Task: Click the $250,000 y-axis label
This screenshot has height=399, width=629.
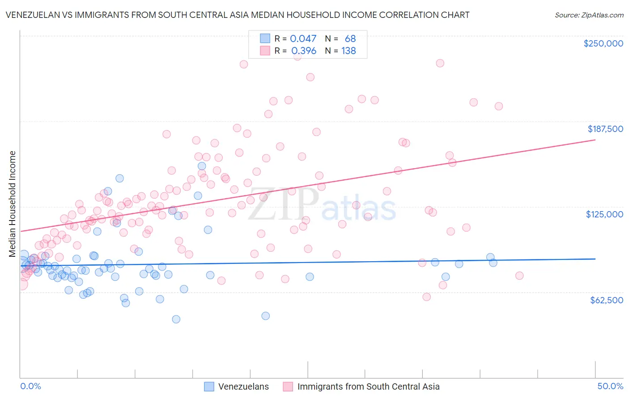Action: click(603, 43)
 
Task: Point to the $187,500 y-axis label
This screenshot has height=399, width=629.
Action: click(605, 129)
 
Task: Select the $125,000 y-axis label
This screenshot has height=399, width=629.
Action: click(604, 214)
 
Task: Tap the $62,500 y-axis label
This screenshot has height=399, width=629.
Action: click(606, 300)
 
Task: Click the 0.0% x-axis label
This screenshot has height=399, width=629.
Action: click(30, 386)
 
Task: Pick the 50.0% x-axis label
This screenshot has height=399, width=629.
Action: click(610, 386)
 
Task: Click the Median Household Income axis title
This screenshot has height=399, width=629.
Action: click(12, 204)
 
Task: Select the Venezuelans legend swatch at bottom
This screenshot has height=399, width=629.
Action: click(209, 386)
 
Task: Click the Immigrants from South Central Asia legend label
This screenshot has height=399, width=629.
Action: click(368, 386)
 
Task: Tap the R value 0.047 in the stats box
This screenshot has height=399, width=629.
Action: click(303, 39)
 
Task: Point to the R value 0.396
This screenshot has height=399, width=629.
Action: click(303, 51)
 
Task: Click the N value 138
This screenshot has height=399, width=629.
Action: click(348, 51)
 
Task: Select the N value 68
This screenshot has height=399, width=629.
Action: click(350, 39)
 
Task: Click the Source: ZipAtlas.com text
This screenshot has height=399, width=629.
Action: click(589, 15)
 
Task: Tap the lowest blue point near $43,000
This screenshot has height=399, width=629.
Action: click(176, 319)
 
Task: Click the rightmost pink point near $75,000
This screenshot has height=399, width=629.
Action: click(519, 276)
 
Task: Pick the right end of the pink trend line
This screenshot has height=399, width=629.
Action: click(595, 140)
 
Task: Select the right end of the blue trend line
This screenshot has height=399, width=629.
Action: click(595, 259)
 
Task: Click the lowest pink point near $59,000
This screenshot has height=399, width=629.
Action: click(427, 297)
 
